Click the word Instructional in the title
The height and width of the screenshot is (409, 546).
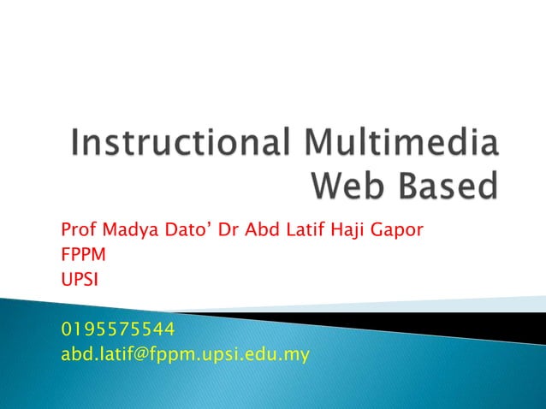179,144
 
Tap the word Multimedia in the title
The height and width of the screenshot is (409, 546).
399,144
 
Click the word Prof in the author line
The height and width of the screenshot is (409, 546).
78,231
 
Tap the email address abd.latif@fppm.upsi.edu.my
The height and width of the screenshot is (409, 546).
185,353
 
